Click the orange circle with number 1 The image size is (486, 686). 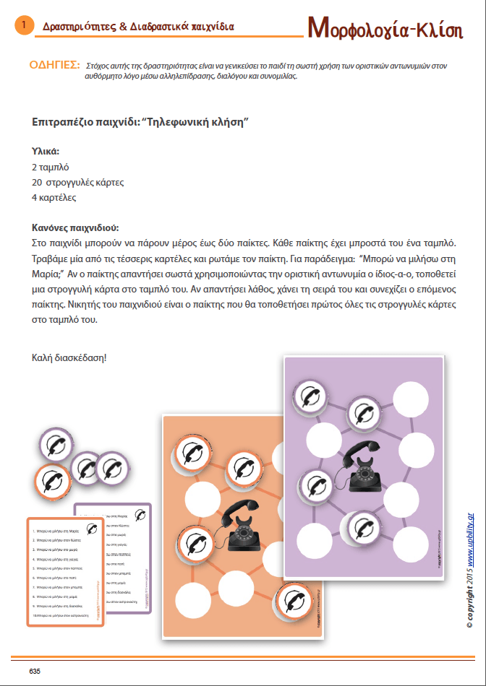(x=24, y=26)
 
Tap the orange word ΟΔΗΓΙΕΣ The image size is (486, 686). (x=54, y=64)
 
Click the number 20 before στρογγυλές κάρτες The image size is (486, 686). (x=39, y=182)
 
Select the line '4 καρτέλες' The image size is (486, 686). (x=54, y=197)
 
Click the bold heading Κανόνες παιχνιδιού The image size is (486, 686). (x=75, y=227)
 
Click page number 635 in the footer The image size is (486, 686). (x=35, y=671)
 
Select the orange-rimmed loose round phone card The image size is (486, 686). (x=53, y=479)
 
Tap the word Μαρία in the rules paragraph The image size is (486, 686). (x=46, y=272)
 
